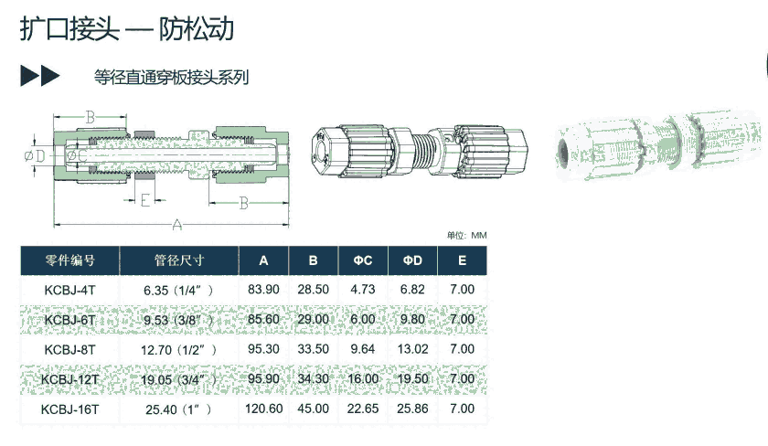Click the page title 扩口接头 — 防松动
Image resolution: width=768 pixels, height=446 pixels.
tap(127, 29)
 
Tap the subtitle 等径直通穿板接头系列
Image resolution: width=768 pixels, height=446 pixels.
tap(172, 78)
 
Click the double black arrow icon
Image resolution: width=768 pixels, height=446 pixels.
tap(39, 76)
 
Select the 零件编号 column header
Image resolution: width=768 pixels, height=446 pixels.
tap(70, 260)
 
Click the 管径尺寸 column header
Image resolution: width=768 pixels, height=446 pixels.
tap(179, 260)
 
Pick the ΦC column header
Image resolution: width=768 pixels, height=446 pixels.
tap(363, 260)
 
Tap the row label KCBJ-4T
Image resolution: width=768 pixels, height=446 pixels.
tap(70, 290)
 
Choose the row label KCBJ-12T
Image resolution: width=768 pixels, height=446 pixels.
tap(70, 379)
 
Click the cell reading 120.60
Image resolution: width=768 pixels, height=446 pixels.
tap(264, 409)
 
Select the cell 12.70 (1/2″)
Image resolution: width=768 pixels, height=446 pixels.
tap(179, 350)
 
